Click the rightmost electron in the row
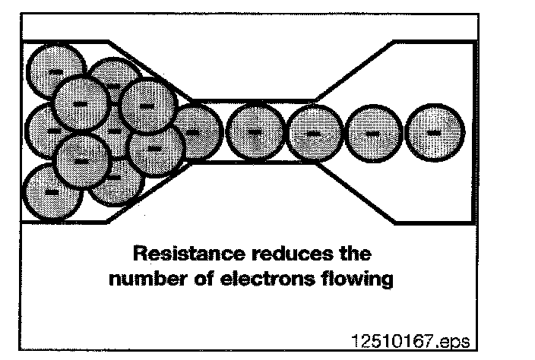click(434, 132)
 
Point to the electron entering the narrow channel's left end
click(195, 131)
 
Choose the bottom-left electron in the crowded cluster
click(52, 191)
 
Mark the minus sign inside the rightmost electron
click(434, 132)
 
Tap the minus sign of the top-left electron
click(55, 71)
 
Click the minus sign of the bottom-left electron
click(52, 192)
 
